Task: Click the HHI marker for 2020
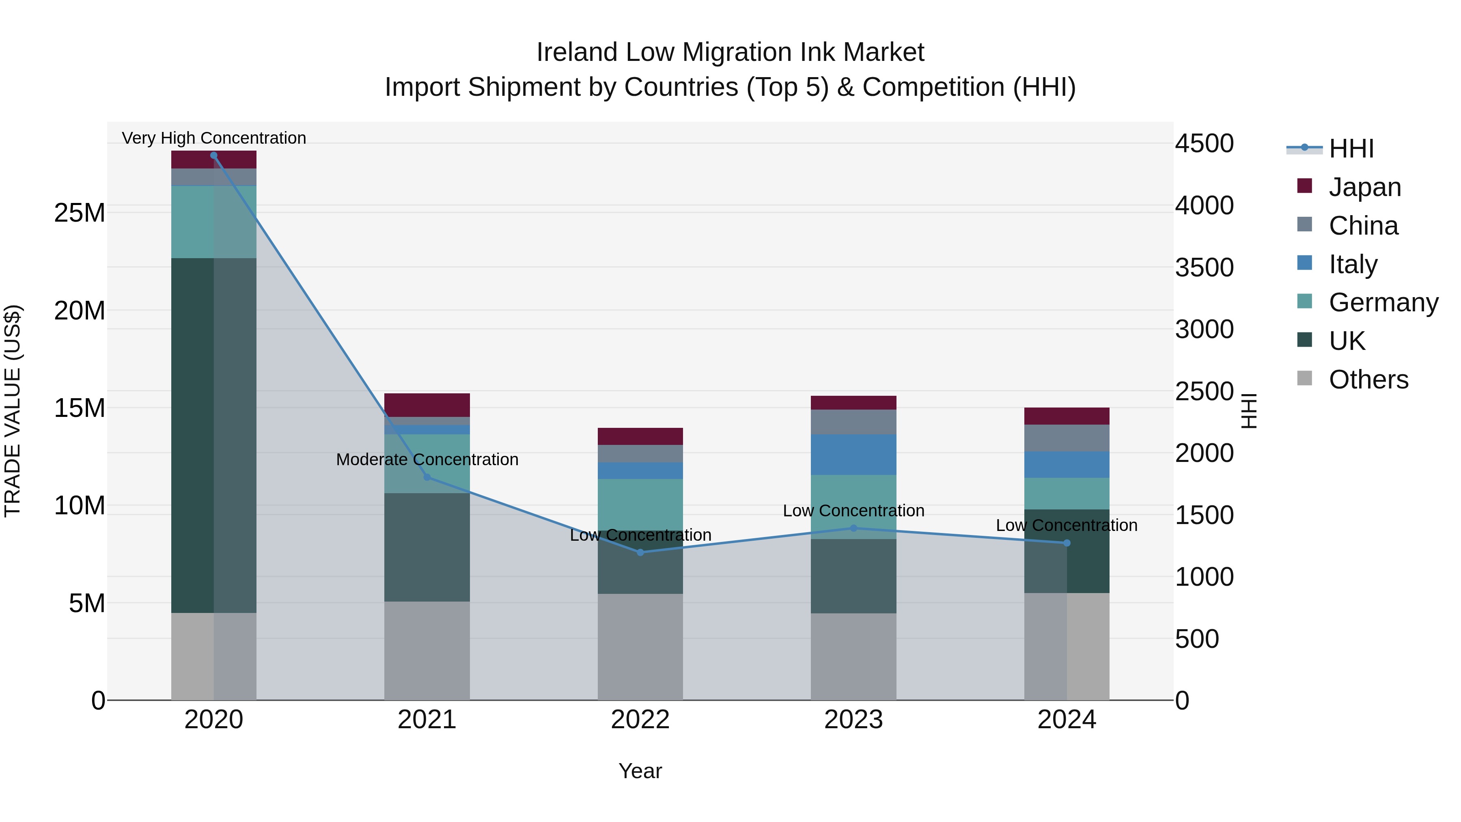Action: click(214, 155)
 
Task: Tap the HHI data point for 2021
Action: click(427, 477)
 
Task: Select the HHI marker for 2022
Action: click(640, 552)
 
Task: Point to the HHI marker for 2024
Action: click(1067, 543)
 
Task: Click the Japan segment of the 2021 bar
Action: click(427, 405)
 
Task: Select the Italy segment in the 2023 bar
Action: click(853, 454)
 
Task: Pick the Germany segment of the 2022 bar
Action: click(640, 504)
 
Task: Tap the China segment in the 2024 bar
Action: click(1067, 438)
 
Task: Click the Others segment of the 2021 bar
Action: click(427, 650)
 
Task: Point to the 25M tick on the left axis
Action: click(80, 213)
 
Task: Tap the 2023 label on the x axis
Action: click(853, 720)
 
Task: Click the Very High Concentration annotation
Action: click(214, 138)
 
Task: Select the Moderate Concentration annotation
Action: click(427, 460)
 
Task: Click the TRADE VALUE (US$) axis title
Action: click(13, 411)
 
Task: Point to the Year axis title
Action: click(640, 771)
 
